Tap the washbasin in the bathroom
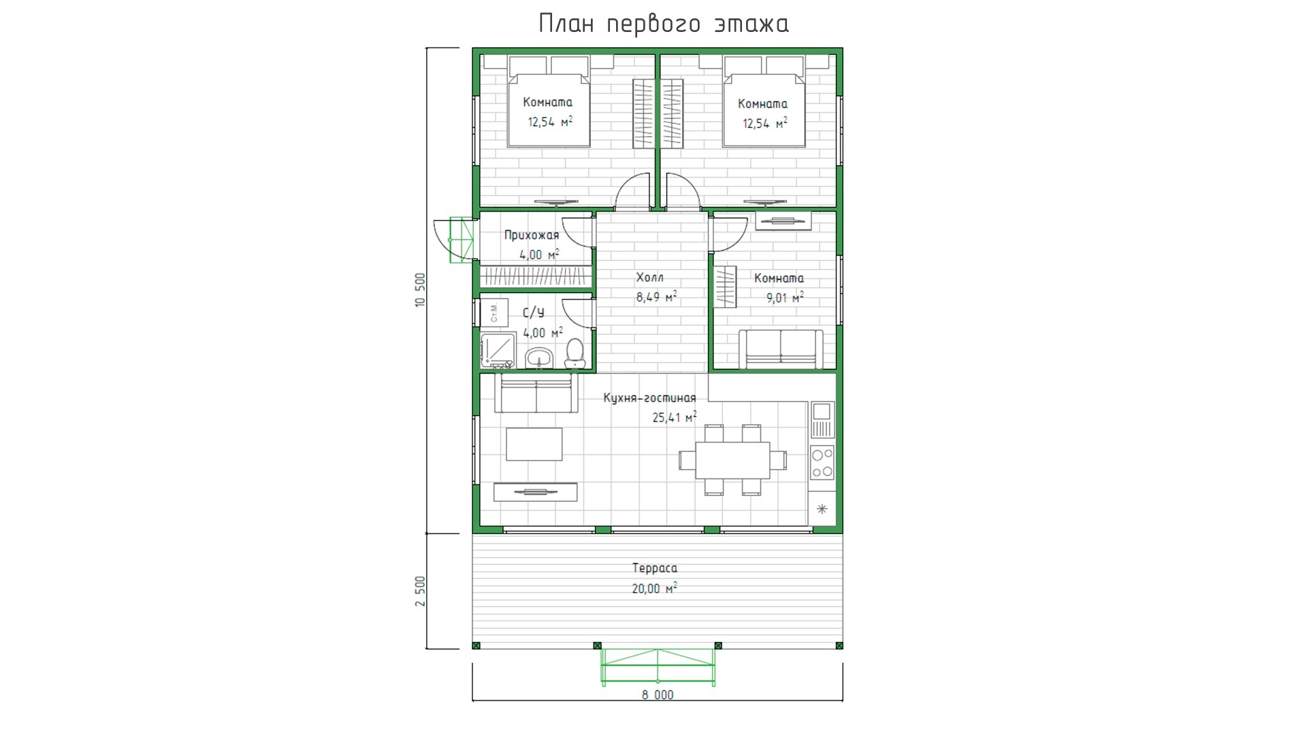pyautogui.click(x=539, y=357)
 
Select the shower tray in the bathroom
pyautogui.click(x=498, y=351)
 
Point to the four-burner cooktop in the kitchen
pyautogui.click(x=822, y=462)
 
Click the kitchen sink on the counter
pyautogui.click(x=822, y=419)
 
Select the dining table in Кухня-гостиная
pyautogui.click(x=732, y=460)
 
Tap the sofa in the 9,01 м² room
pyautogui.click(x=781, y=349)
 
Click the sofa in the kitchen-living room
pyautogui.click(x=536, y=393)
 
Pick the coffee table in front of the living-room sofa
pyautogui.click(x=534, y=444)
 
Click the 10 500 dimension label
pyautogui.click(x=420, y=291)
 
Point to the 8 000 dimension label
pyautogui.click(x=658, y=695)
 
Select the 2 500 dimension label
pyautogui.click(x=420, y=591)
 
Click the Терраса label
pyautogui.click(x=654, y=568)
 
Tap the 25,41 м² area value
pyautogui.click(x=675, y=417)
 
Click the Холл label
pyautogui.click(x=649, y=278)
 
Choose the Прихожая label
pyautogui.click(x=532, y=235)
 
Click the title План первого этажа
pyautogui.click(x=664, y=24)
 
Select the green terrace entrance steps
pyautogui.click(x=658, y=666)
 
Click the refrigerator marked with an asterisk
pyautogui.click(x=822, y=509)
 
